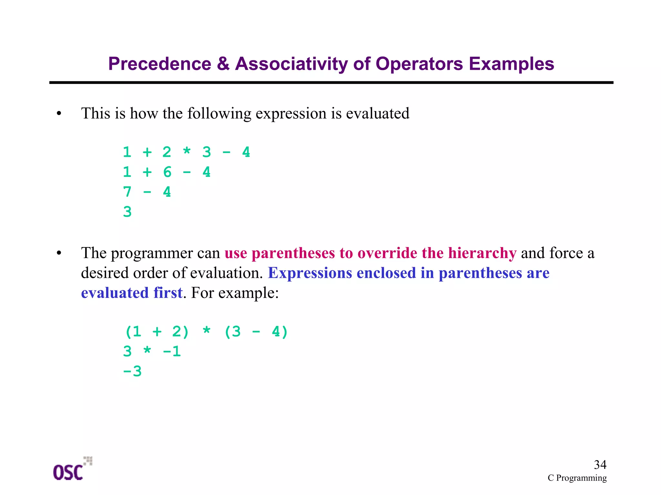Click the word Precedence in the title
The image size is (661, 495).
[x=159, y=64]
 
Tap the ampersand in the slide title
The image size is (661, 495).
[x=223, y=64]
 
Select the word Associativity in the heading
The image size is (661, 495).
[x=291, y=64]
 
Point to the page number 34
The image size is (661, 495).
[x=600, y=465]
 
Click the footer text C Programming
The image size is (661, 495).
[x=577, y=478]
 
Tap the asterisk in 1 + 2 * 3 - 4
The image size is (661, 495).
[x=187, y=152]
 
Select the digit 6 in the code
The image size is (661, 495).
[x=167, y=172]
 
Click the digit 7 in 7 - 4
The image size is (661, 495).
[x=127, y=192]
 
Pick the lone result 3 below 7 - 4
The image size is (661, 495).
[x=127, y=212]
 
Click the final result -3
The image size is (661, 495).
[x=132, y=371]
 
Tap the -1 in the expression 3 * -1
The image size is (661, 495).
[x=172, y=351]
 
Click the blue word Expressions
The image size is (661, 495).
[x=310, y=273]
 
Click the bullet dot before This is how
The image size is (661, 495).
[x=59, y=114]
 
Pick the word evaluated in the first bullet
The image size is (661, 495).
[x=377, y=114]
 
